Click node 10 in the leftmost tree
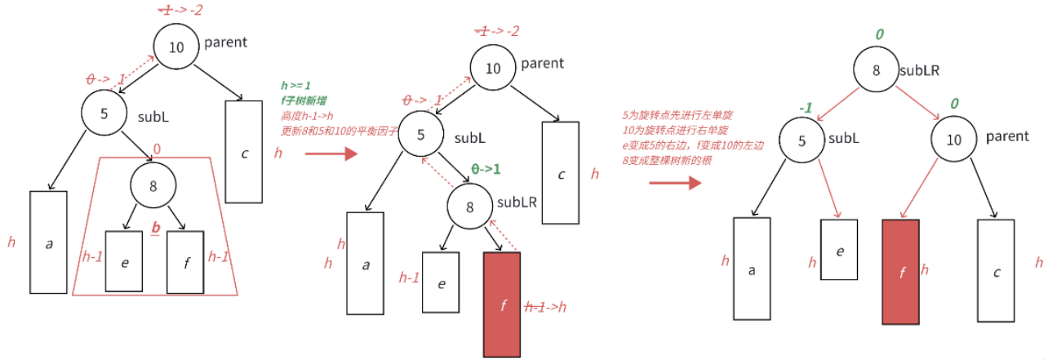tap(176, 47)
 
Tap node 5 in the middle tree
tap(420, 136)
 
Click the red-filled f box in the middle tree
tap(501, 304)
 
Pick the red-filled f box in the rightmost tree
tap(901, 272)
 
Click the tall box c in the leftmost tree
tap(243, 152)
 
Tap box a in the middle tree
tap(365, 263)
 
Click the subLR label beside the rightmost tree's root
tap(919, 70)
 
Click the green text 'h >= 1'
tap(295, 85)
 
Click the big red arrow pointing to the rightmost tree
tap(674, 182)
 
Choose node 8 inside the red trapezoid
tap(153, 186)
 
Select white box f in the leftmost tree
tap(185, 262)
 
